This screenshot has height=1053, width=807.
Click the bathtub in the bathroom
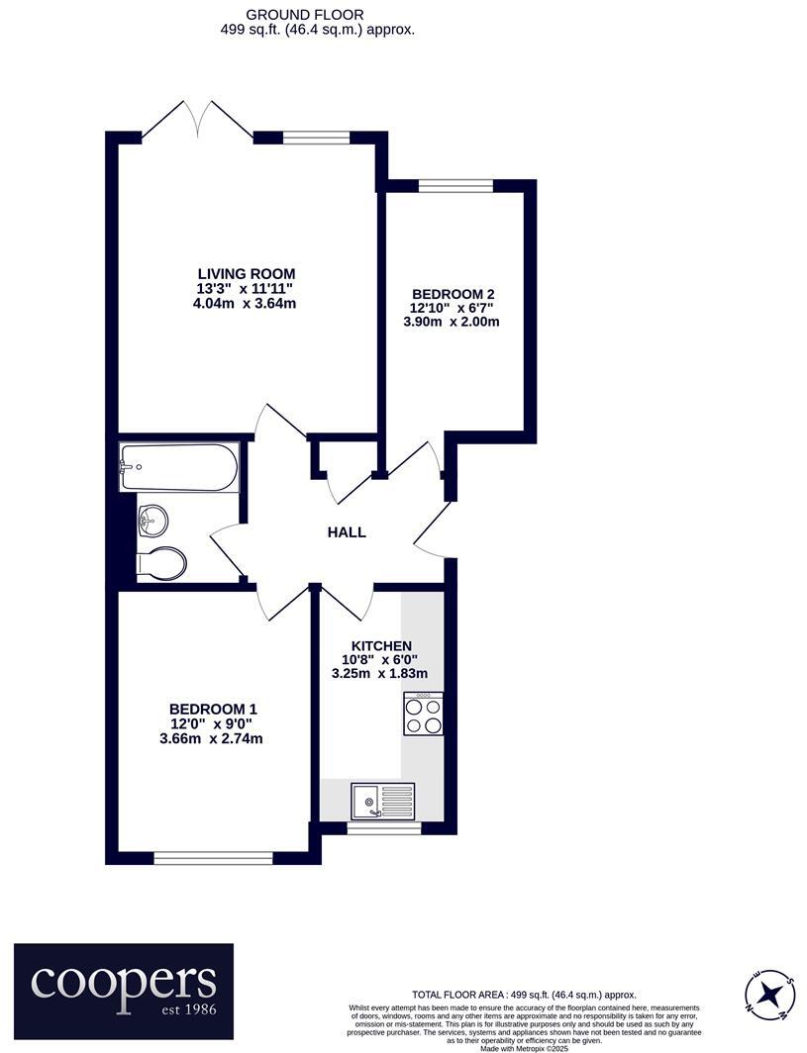178,467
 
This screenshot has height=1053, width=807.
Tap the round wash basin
152,519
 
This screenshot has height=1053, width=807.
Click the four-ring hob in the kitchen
423,714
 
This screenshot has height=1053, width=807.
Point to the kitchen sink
381,800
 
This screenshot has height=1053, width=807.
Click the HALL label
347,532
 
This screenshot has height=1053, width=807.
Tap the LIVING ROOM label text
247,273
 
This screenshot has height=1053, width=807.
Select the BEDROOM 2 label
453,294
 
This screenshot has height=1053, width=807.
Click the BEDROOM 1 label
213,709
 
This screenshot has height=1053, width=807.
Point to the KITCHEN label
379,646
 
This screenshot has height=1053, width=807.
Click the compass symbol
769,994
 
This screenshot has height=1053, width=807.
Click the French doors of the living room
199,121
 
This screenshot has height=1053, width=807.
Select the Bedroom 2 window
455,185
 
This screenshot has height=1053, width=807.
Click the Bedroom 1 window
213,857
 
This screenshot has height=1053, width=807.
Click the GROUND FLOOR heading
291,15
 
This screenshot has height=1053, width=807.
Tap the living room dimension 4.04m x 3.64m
247,303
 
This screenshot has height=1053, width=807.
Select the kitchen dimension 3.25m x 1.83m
379,674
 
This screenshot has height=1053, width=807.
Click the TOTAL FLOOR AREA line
524,995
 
